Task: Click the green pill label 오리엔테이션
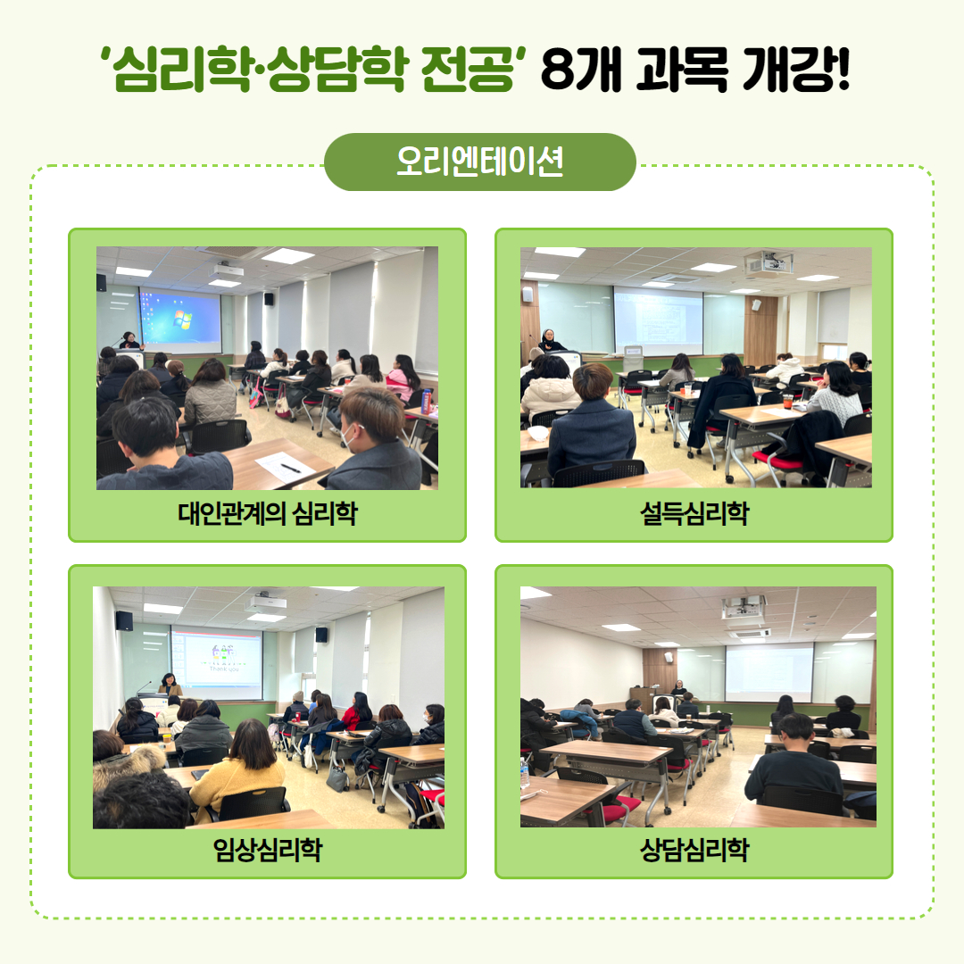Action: pyautogui.click(x=479, y=162)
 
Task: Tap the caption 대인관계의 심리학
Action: pyautogui.click(x=268, y=512)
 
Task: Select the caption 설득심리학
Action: pyautogui.click(x=694, y=512)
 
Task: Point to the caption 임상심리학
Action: pyautogui.click(x=268, y=850)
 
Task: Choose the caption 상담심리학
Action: pyautogui.click(x=694, y=850)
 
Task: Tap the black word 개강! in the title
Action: pyautogui.click(x=796, y=69)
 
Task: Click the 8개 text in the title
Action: pyautogui.click(x=582, y=69)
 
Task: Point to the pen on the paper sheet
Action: pyautogui.click(x=290, y=468)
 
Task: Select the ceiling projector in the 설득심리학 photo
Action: pyautogui.click(x=769, y=263)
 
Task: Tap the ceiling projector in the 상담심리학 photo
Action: pyautogui.click(x=744, y=607)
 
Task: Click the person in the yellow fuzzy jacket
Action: pyautogui.click(x=237, y=771)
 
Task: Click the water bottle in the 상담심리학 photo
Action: pyautogui.click(x=525, y=773)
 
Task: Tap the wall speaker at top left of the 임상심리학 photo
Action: pyautogui.click(x=124, y=621)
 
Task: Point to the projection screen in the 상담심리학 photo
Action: pyautogui.click(x=769, y=673)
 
